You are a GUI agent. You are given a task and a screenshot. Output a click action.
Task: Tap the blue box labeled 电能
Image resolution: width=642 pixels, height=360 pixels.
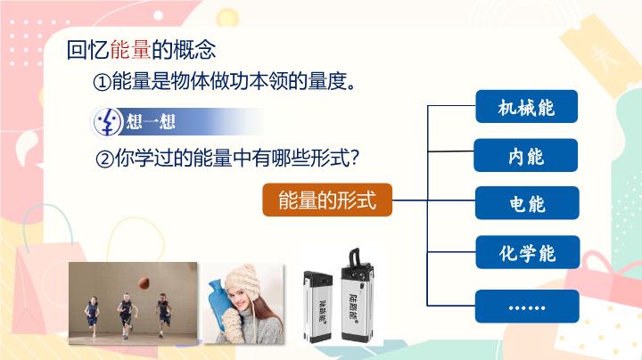[526, 204]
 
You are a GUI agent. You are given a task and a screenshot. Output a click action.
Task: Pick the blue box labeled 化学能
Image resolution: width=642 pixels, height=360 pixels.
[526, 253]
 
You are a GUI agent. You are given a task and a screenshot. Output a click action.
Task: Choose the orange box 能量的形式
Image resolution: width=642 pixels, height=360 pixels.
[327, 200]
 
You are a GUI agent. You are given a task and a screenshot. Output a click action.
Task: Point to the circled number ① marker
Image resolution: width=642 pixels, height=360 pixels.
[101, 83]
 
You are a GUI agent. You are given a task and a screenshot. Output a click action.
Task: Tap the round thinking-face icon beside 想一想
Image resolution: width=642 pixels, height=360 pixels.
[107, 120]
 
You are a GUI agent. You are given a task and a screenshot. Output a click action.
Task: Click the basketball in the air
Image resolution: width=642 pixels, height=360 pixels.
[143, 282]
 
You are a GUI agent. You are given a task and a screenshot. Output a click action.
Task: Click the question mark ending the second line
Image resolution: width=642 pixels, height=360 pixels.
[354, 159]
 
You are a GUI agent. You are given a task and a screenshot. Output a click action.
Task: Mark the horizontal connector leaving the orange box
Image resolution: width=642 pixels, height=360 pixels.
[410, 200]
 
